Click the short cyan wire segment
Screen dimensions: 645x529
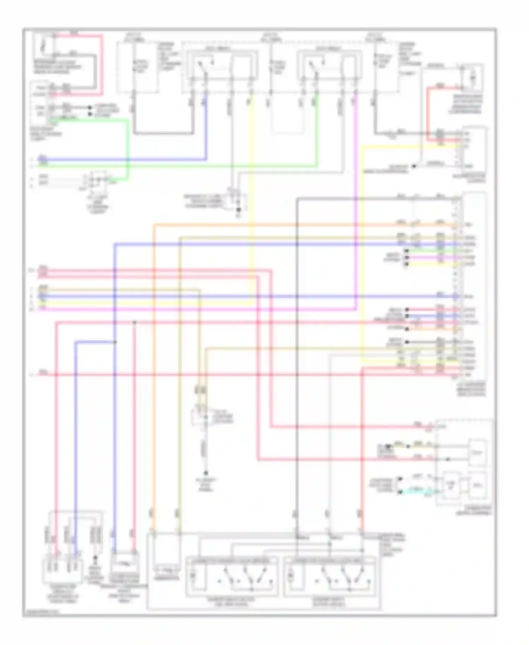click(x=416, y=491)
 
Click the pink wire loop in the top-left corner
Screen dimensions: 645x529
click(x=102, y=64)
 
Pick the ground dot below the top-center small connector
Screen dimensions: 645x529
click(x=238, y=210)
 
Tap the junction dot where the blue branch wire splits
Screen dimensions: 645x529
click(x=115, y=342)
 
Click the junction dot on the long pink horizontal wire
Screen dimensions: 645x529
click(x=134, y=322)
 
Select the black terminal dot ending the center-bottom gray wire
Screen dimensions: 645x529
click(x=206, y=473)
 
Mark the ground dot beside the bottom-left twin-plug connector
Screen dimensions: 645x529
click(x=95, y=559)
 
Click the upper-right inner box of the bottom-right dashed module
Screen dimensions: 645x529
click(x=478, y=452)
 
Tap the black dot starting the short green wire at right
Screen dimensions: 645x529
click(x=407, y=251)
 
